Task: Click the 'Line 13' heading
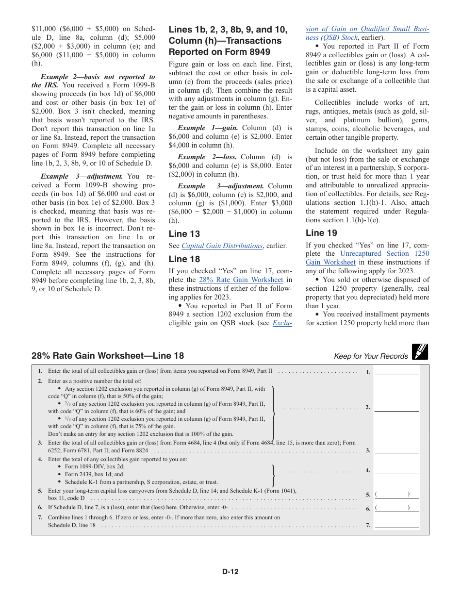tap(184, 234)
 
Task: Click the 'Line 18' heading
tap(184, 259)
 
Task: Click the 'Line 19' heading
tap(321, 233)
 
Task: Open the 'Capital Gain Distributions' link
tap(222, 246)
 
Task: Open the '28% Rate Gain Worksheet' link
tap(241, 280)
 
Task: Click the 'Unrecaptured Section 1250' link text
tap(384, 254)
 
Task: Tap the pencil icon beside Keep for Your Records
tap(420, 352)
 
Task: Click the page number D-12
tap(230, 572)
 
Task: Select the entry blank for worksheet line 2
tap(396, 408)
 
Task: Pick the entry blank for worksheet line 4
tap(396, 470)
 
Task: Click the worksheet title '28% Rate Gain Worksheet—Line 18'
tap(108, 356)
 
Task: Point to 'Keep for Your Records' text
tap(371, 356)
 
